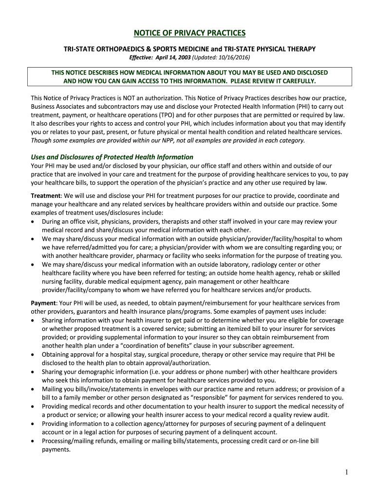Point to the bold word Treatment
click(x=45, y=195)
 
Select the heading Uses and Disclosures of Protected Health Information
click(x=112, y=157)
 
